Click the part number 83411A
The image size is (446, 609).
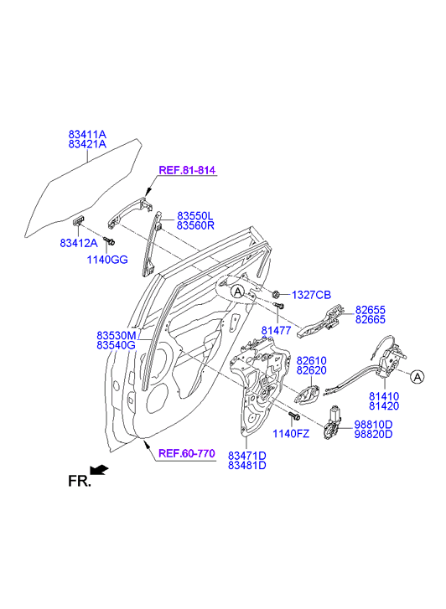tap(87, 134)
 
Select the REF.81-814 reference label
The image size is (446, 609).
tap(187, 170)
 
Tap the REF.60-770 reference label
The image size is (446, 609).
tap(187, 453)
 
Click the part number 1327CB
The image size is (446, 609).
tap(312, 295)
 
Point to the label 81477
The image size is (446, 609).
tap(276, 331)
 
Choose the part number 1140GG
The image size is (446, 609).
tap(107, 260)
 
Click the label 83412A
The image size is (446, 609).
tap(79, 243)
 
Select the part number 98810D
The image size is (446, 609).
tap(373, 425)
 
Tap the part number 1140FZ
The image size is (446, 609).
tap(291, 433)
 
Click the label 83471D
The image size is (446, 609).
tap(247, 455)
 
